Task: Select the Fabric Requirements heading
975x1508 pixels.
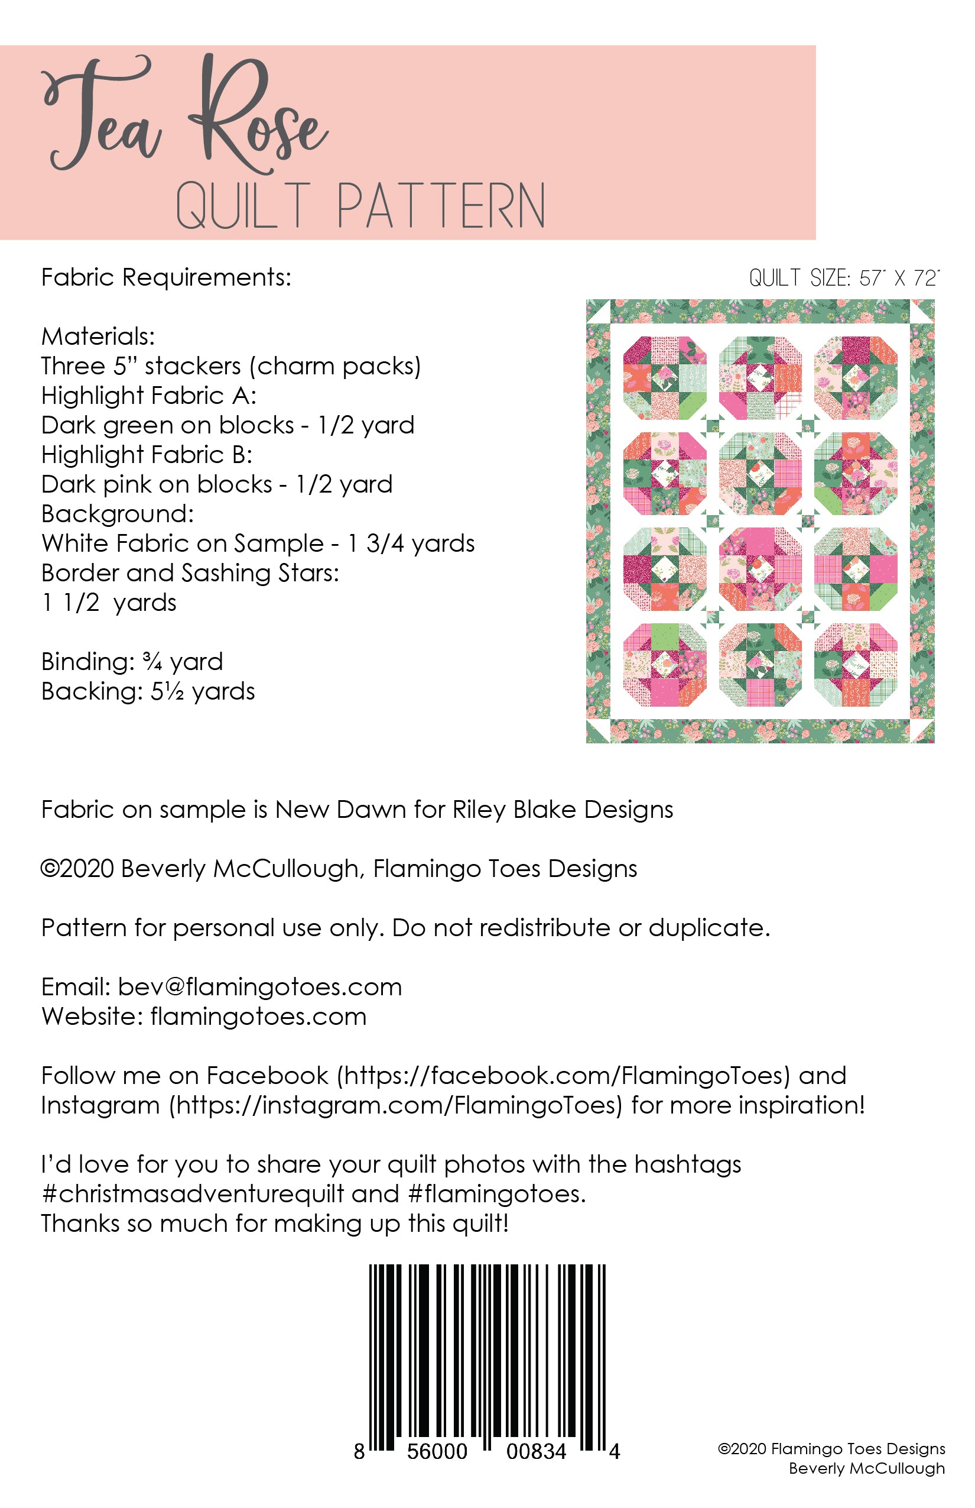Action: [x=166, y=277]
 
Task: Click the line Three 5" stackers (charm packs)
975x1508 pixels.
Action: [x=231, y=366]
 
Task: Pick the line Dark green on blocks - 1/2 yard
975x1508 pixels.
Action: [x=227, y=425]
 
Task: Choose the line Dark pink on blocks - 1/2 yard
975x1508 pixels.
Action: [x=216, y=485]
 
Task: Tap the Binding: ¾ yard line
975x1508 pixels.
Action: [x=132, y=662]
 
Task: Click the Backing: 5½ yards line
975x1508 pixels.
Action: [x=148, y=691]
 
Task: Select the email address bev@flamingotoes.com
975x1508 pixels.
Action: [x=259, y=987]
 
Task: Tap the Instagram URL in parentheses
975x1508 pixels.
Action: [x=396, y=1105]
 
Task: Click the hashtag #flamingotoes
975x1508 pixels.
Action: [x=496, y=1194]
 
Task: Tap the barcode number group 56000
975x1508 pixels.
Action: [x=437, y=1451]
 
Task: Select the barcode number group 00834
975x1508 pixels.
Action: [x=535, y=1451]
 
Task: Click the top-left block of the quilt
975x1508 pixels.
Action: [x=665, y=378]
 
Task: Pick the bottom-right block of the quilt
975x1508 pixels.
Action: [x=856, y=665]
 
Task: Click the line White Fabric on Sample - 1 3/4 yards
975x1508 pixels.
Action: [x=258, y=543]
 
